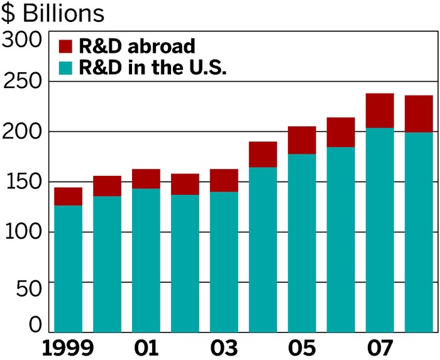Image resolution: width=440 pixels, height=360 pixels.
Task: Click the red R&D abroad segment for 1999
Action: (68, 196)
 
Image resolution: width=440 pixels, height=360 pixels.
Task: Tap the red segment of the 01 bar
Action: (146, 178)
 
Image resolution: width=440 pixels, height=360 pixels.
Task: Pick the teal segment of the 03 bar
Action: (224, 261)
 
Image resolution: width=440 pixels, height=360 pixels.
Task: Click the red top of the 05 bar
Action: (302, 140)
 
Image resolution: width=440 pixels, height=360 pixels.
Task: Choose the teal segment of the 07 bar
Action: (380, 229)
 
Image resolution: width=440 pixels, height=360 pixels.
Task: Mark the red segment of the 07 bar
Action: (380, 111)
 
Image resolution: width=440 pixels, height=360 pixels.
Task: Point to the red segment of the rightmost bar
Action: (419, 114)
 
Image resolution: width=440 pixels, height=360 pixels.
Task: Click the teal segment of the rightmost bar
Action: (419, 232)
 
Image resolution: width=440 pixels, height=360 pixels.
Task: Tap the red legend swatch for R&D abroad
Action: (66, 46)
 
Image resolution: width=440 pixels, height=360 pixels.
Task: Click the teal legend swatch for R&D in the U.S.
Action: (66, 67)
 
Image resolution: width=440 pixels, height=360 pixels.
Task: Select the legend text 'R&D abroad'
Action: (137, 46)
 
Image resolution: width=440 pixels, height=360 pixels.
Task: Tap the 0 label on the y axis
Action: (36, 324)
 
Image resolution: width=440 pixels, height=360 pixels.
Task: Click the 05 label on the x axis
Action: (302, 347)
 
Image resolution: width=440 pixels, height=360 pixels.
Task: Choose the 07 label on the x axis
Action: (380, 347)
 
